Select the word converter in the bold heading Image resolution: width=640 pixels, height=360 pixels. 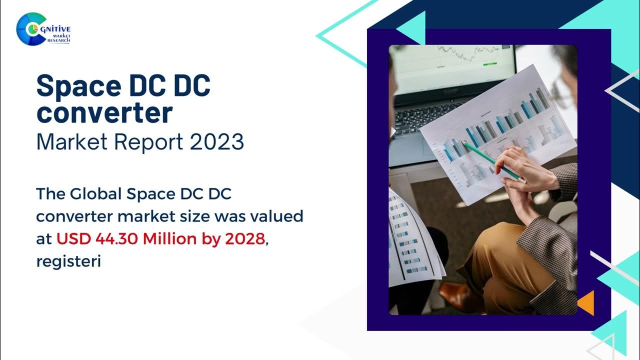tap(104, 113)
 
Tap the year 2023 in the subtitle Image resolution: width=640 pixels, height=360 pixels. tap(216, 142)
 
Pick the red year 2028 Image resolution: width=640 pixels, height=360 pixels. tap(244, 239)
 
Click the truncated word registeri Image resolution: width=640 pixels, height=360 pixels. tap(69, 261)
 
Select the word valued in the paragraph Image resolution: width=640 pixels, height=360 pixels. tap(277, 216)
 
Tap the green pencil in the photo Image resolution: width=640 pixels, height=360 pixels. tap(492, 160)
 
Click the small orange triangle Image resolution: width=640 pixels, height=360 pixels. tap(586, 302)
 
